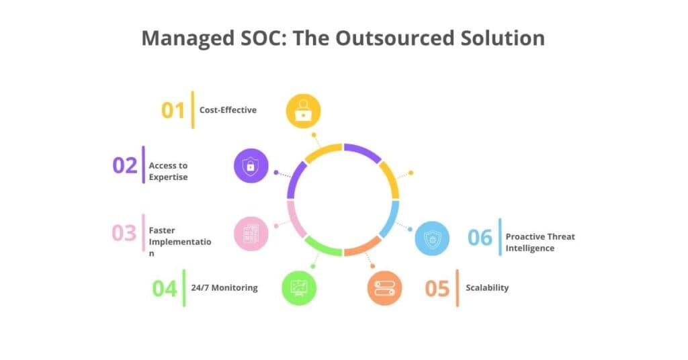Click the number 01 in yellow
click(x=173, y=109)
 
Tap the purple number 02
click(x=124, y=165)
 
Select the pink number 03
click(x=124, y=233)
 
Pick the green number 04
click(x=165, y=288)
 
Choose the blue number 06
click(x=480, y=237)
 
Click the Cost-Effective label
click(x=228, y=109)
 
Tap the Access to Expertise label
click(x=168, y=171)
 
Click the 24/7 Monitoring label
click(x=224, y=287)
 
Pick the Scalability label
click(x=487, y=287)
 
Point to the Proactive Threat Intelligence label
click(x=540, y=242)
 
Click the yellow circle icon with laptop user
click(x=303, y=110)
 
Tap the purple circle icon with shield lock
click(x=251, y=165)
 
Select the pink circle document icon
click(x=251, y=233)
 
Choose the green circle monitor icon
click(x=299, y=288)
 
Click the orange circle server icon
click(x=385, y=288)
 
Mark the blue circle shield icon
click(x=432, y=237)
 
